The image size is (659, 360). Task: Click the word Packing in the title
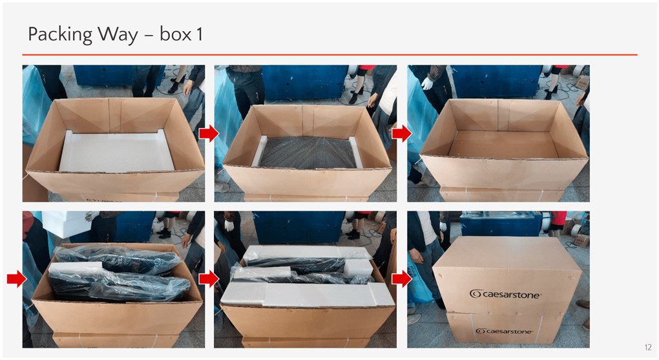point(59,34)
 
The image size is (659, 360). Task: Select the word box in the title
point(175,34)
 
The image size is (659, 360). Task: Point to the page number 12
point(647,347)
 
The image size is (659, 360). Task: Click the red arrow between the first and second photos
point(209,134)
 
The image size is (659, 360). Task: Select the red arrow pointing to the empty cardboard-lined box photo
point(402,134)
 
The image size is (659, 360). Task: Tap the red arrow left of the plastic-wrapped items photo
point(16,279)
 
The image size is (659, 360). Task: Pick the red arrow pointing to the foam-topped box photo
point(209,279)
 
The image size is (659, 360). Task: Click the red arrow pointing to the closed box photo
point(402,279)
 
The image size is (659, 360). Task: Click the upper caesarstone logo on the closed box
point(505,294)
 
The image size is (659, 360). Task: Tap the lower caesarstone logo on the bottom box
point(505,331)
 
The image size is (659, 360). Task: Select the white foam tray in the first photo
point(116,151)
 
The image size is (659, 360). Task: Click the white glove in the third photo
point(427,83)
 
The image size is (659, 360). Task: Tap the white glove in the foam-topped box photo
point(229,225)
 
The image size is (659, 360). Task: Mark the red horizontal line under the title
point(330,55)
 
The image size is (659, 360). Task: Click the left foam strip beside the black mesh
point(259,151)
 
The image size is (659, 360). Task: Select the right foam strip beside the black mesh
point(355,152)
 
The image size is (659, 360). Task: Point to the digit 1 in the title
point(199,34)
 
